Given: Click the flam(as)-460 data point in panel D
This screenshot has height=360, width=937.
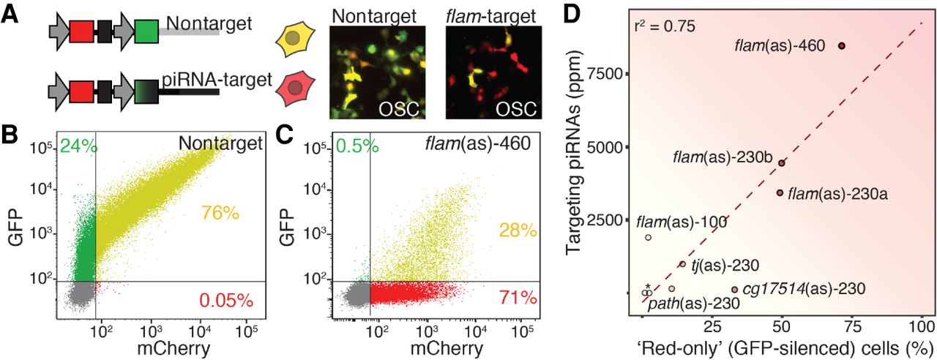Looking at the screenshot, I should [842, 45].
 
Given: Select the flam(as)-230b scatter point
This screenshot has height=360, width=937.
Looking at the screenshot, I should [782, 163].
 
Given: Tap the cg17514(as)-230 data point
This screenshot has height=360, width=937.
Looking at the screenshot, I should [735, 290].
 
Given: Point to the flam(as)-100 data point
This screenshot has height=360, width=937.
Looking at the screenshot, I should [649, 237].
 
